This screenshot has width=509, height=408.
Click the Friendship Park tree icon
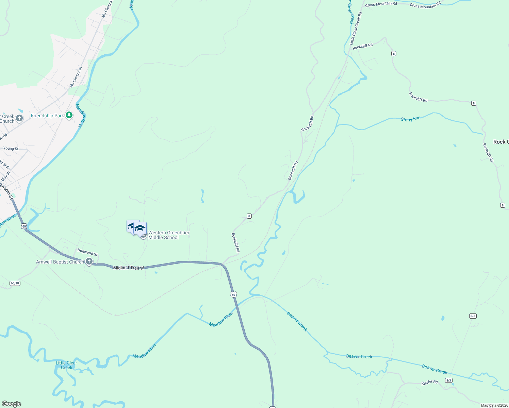(x=69, y=116)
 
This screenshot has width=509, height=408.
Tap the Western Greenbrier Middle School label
(x=168, y=235)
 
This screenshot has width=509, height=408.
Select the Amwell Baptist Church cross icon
(x=89, y=261)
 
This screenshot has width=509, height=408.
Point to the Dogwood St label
(x=87, y=252)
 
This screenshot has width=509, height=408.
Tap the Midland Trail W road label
(x=129, y=268)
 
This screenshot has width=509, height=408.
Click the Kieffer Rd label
(x=429, y=382)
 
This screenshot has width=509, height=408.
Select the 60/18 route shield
(x=15, y=283)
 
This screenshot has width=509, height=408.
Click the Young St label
(x=11, y=149)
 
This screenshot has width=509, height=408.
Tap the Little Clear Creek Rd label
(x=356, y=29)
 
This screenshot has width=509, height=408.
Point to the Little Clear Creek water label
(x=66, y=365)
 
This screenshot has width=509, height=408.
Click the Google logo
(x=12, y=404)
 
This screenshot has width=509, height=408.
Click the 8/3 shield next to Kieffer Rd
(x=448, y=380)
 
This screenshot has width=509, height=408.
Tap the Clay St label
(x=6, y=176)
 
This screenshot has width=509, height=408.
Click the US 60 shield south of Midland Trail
(x=233, y=294)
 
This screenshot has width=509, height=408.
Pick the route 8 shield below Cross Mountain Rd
(x=394, y=53)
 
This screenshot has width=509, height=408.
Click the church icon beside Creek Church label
(x=19, y=118)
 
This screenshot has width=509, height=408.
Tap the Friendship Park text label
(x=47, y=116)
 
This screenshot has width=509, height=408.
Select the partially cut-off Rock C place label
(x=501, y=142)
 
